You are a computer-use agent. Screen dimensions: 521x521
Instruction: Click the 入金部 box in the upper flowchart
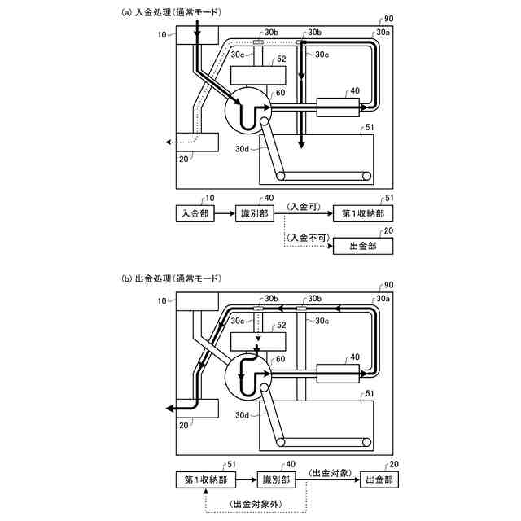point(194,212)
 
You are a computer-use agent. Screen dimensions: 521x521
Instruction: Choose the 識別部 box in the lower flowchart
point(278,479)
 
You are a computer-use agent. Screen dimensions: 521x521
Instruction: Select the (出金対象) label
point(329,473)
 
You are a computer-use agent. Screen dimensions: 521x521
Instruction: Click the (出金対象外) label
point(257,504)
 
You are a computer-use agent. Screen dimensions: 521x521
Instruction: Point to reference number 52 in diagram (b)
point(282,325)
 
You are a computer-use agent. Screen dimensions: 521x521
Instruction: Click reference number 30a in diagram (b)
point(382,299)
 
